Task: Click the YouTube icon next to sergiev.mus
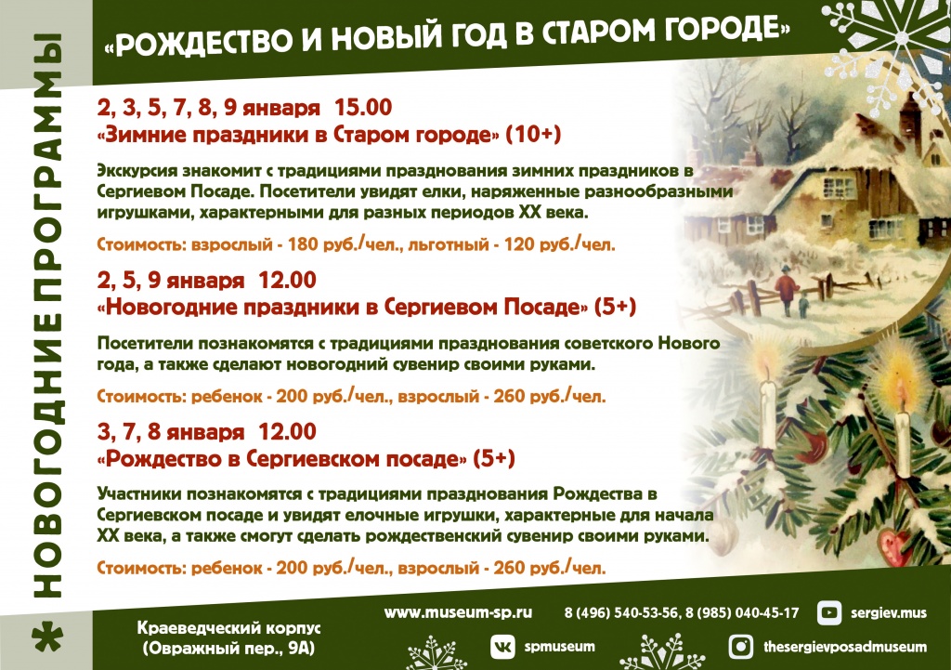(x=828, y=613)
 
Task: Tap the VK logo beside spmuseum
(x=502, y=647)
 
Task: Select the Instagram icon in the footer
(x=740, y=647)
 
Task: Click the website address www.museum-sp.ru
(x=458, y=613)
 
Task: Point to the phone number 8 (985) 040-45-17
(x=742, y=613)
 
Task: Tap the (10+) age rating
(x=533, y=134)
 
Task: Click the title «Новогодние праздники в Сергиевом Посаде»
(x=342, y=307)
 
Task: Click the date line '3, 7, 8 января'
(x=171, y=432)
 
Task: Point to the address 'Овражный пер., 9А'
(x=229, y=648)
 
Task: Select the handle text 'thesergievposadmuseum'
(x=845, y=647)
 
